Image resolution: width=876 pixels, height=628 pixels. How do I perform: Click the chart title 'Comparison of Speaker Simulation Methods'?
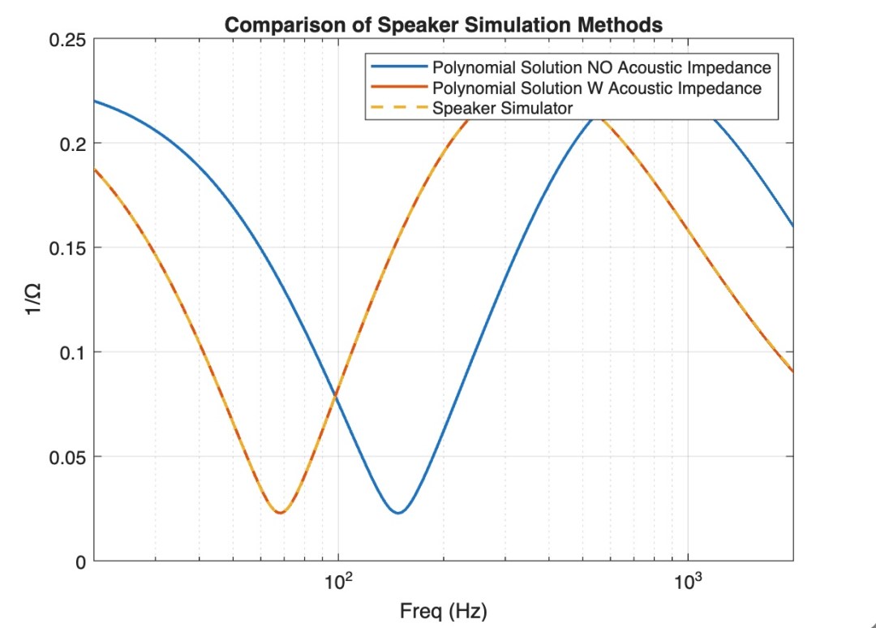(443, 25)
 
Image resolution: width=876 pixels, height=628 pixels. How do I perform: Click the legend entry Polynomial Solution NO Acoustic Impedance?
(601, 67)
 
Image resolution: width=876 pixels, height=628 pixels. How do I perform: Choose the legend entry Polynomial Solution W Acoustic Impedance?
(597, 88)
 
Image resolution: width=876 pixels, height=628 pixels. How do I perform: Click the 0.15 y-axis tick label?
(70, 248)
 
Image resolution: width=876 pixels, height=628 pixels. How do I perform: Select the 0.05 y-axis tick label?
(70, 457)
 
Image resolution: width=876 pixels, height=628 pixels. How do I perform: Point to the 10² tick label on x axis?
(338, 582)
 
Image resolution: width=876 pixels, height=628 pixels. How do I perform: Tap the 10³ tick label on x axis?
(688, 582)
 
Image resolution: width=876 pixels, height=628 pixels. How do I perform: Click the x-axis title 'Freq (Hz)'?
(443, 611)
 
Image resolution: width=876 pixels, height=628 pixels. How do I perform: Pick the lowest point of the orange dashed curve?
(280, 513)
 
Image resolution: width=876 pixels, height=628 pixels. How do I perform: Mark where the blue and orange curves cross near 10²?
(336, 395)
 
